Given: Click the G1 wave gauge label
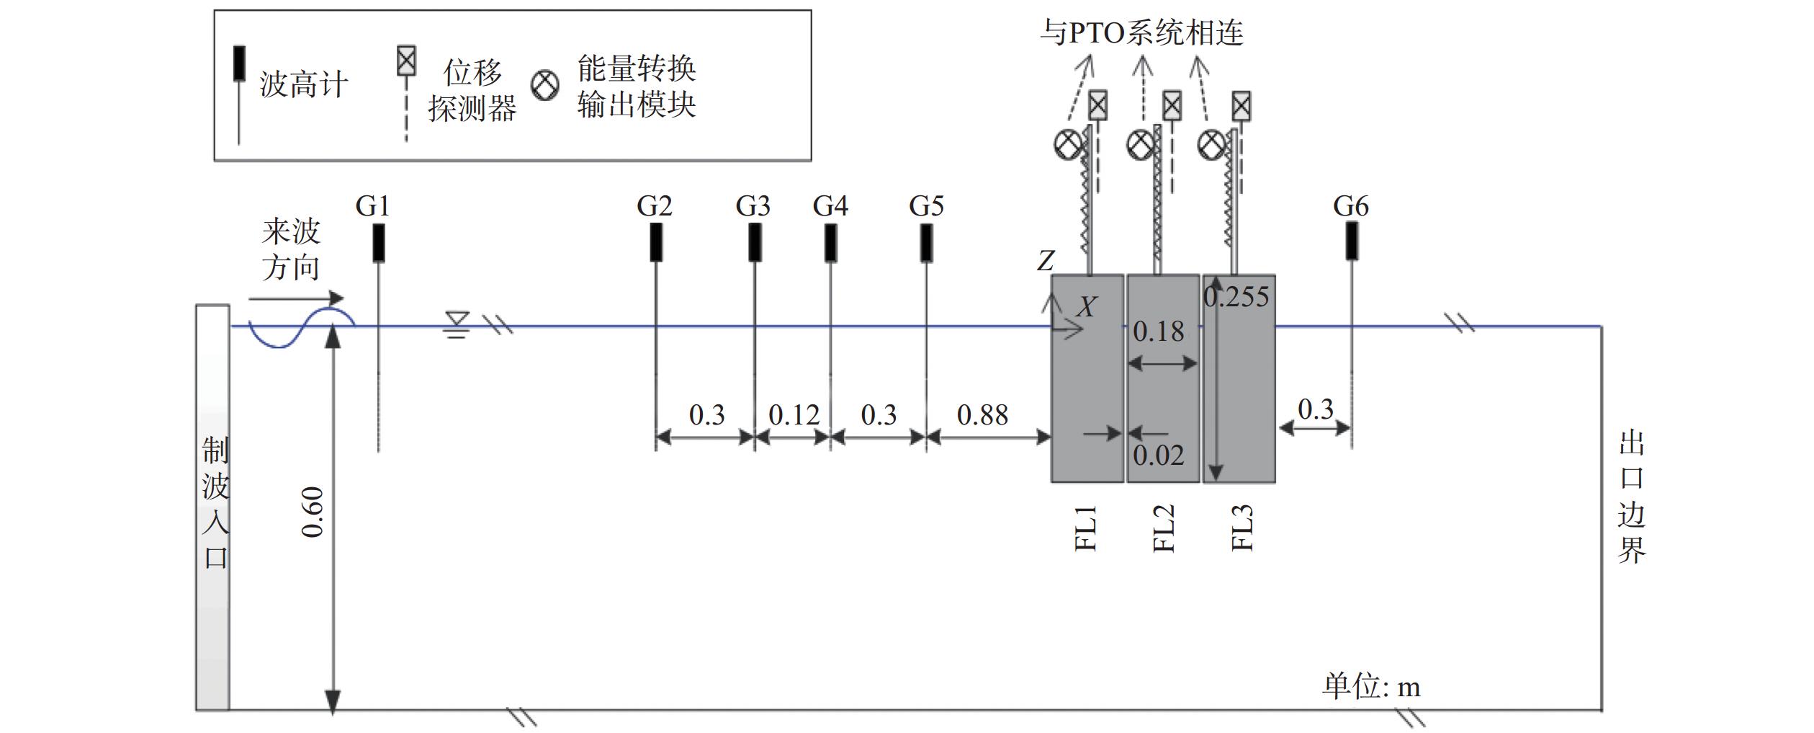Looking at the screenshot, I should click(372, 207).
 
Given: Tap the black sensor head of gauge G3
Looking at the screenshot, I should click(754, 242).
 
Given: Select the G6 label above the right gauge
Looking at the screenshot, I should click(1350, 207).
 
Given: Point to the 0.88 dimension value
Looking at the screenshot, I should click(982, 415).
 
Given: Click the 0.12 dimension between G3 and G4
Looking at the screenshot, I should click(794, 415).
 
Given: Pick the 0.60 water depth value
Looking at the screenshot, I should click(313, 512).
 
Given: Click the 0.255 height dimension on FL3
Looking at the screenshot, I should click(1236, 297).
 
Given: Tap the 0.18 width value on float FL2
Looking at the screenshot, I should click(1158, 332).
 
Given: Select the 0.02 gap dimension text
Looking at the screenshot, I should click(1158, 456).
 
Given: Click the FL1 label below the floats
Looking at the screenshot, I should click(1086, 528).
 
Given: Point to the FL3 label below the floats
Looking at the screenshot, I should click(1242, 528).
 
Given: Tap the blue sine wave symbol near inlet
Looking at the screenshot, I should click(301, 328).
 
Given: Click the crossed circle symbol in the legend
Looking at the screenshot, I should click(544, 85).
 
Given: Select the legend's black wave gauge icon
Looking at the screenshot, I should click(239, 63).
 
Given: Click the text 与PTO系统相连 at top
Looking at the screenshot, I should click(1141, 33).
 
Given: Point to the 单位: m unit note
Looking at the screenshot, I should click(1371, 685).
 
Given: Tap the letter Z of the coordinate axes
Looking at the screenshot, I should click(1046, 261).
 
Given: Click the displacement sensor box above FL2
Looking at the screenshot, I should click(1172, 106).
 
